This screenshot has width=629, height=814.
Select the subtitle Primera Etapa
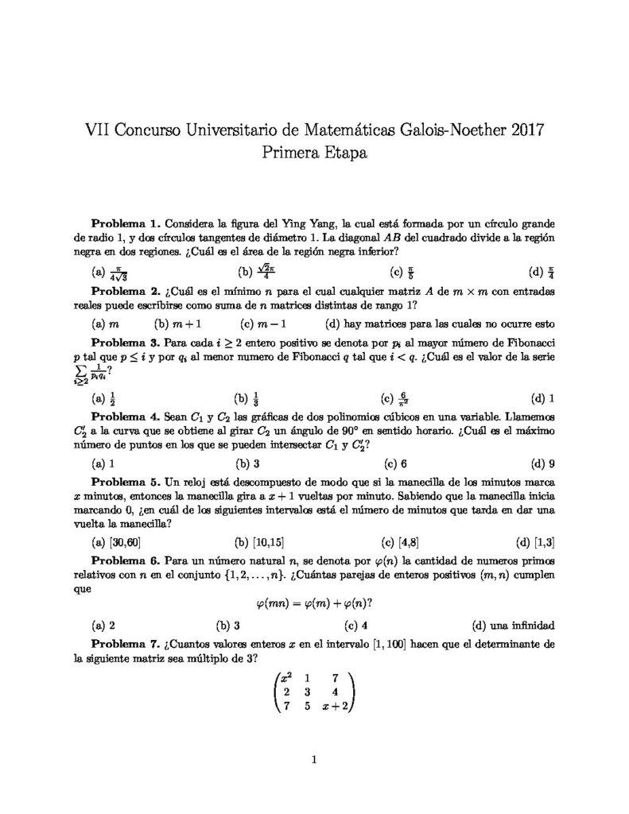point(314,153)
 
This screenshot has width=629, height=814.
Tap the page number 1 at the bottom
point(315,760)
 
